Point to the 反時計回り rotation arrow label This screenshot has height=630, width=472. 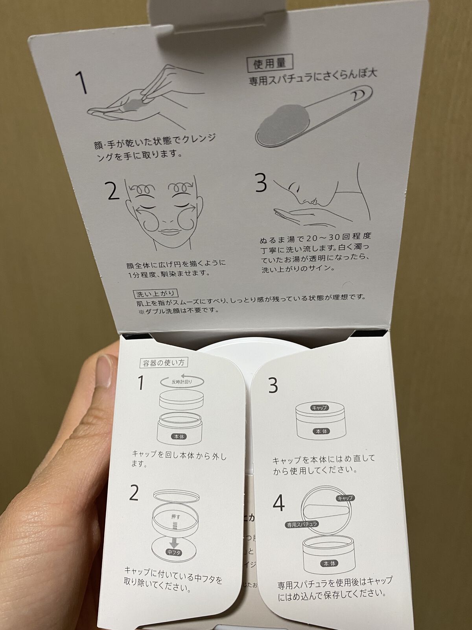(x=182, y=382)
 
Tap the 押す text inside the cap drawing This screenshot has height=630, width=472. (x=176, y=517)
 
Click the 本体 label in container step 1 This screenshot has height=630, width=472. (x=179, y=437)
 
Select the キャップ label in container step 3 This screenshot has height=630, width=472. (x=319, y=408)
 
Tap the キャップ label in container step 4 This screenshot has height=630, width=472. (x=345, y=498)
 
